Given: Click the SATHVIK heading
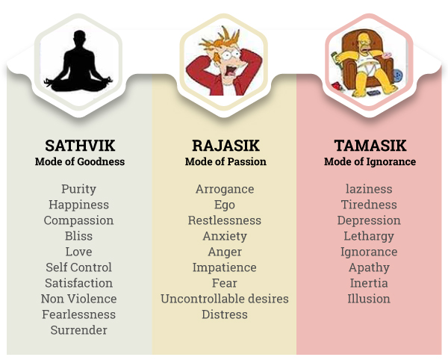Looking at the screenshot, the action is click(80, 146).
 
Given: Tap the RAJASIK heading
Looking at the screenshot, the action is click(225, 146).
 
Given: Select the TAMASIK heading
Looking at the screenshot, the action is click(370, 146).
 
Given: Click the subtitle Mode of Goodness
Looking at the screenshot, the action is click(80, 162).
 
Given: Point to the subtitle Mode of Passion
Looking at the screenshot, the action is click(225, 162).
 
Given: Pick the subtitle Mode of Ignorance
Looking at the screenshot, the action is click(370, 162).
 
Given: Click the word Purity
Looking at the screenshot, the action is click(78, 189).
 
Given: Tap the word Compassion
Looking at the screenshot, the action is click(78, 220).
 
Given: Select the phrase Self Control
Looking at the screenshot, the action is click(78, 267).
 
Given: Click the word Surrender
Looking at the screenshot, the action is click(79, 330).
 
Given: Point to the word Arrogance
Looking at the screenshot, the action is click(225, 189).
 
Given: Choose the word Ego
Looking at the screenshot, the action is click(225, 205).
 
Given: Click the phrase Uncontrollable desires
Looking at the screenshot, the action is click(225, 299).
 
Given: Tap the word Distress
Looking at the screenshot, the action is click(225, 314).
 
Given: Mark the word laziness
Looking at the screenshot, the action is click(369, 189).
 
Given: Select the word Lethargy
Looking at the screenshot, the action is click(369, 236).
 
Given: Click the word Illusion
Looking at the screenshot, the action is click(369, 299).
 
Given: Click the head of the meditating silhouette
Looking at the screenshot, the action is click(79, 37).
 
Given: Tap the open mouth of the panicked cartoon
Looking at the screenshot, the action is click(230, 70).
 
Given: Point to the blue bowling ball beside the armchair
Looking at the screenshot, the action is click(398, 75).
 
